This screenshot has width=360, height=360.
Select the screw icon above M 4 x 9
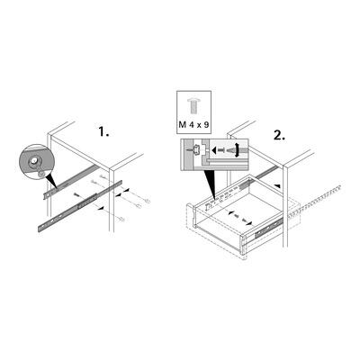193,102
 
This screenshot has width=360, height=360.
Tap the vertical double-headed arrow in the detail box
237,149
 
